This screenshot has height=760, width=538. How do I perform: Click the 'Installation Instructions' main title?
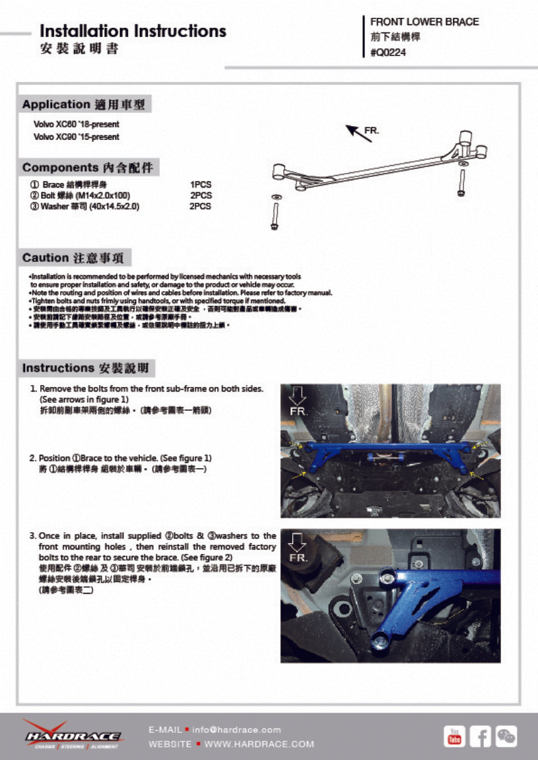coord(133,31)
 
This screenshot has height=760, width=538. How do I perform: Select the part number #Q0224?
coord(388,53)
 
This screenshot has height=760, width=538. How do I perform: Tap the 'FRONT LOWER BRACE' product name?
coord(424,22)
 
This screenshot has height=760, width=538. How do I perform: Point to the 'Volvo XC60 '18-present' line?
coord(77,124)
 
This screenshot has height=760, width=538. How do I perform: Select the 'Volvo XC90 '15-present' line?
coord(77,137)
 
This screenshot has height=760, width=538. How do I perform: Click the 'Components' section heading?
coord(90,168)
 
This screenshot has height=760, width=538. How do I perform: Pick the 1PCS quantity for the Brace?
coord(201,185)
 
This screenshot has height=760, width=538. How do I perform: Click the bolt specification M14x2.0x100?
coord(104,195)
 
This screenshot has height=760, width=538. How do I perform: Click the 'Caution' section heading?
coord(77,258)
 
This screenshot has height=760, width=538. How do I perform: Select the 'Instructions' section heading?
coord(88,368)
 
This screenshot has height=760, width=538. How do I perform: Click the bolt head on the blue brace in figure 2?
coord(382,640)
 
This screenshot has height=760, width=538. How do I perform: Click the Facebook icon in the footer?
coord(480,736)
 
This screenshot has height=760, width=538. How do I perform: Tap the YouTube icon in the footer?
coord(454,736)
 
